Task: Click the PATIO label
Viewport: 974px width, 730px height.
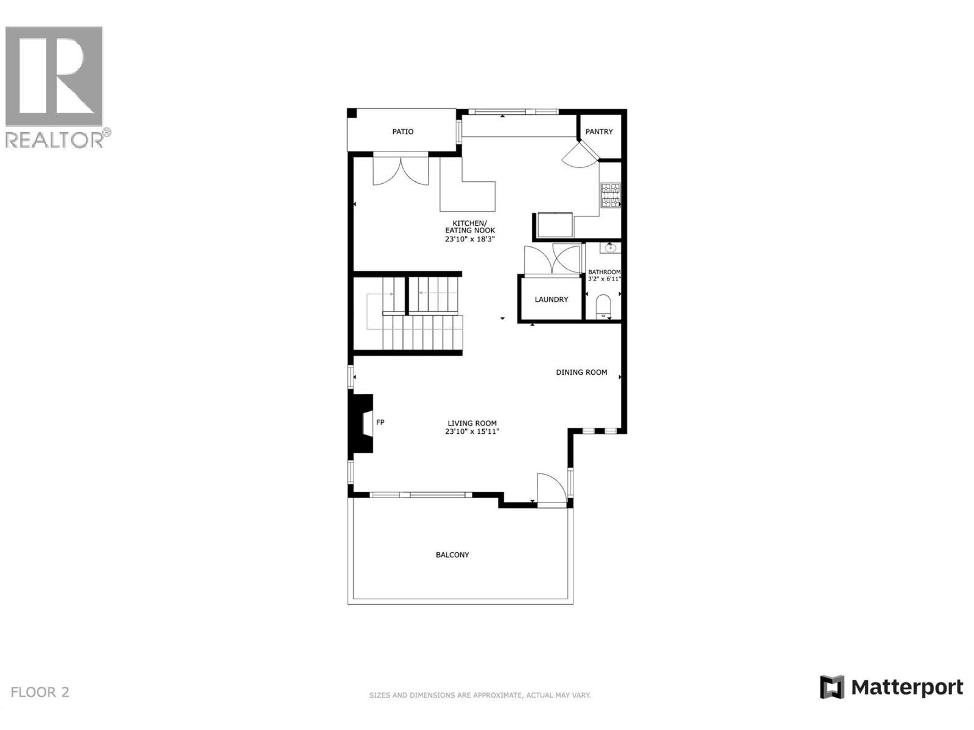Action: [402, 131]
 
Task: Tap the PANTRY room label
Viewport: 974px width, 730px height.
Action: [599, 131]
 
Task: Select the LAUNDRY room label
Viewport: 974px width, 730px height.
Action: [551, 299]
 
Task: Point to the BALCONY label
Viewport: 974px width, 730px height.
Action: [452, 555]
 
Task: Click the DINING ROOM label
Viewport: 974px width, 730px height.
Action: [581, 372]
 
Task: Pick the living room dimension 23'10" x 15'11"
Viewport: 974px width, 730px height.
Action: [472, 432]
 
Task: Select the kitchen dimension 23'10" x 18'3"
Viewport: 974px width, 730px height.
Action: [469, 239]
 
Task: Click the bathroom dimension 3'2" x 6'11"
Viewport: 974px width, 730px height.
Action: [604, 279]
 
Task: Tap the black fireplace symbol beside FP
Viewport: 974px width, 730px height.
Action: [362, 423]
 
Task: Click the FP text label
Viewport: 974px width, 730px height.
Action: [380, 422]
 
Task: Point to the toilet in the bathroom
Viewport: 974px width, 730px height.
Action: [603, 305]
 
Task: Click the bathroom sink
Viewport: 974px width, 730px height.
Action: [609, 248]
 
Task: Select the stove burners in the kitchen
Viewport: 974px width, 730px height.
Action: [611, 195]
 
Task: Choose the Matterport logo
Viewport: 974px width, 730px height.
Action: [891, 687]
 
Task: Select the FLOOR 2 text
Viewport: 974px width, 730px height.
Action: [40, 692]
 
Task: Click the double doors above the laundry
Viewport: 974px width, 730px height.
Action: [552, 259]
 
